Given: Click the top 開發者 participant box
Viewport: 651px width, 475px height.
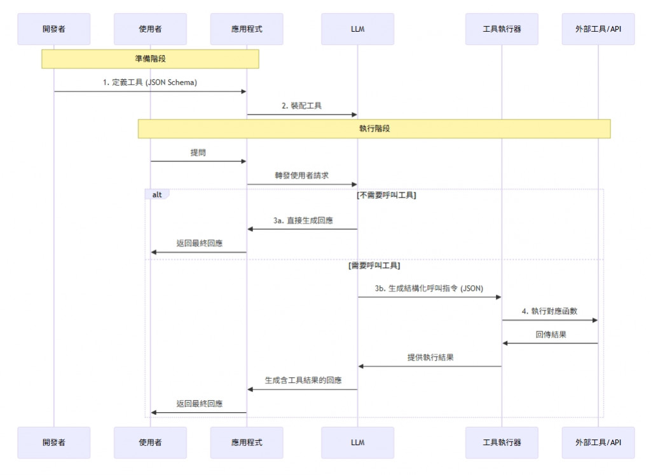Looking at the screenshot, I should (x=54, y=29).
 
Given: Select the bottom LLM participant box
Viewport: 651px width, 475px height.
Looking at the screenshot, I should (x=357, y=443).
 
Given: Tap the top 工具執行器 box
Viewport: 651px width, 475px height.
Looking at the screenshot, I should (x=502, y=29).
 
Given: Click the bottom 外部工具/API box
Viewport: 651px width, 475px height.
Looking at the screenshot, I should (x=598, y=443).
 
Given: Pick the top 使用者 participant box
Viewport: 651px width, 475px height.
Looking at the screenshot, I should (x=151, y=29).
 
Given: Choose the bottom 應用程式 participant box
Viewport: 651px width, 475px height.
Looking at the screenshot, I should (x=247, y=443).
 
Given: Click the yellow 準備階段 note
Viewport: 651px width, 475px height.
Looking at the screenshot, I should (x=151, y=58).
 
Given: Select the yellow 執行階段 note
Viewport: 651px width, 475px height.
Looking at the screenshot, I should (x=374, y=128).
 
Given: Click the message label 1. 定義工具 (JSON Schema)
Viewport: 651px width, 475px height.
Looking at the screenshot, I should (x=150, y=83).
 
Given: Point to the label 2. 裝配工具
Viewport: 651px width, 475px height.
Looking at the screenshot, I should (x=302, y=106).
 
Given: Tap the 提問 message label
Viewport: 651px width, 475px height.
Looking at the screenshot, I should (x=198, y=152).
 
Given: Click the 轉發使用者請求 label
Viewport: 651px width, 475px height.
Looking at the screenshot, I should (x=302, y=176).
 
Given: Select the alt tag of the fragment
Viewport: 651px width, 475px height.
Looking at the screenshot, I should (x=156, y=194).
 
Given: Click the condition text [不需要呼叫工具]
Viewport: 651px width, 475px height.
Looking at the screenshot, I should (x=386, y=195).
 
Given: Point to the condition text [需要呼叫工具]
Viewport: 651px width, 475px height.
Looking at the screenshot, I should (x=374, y=265).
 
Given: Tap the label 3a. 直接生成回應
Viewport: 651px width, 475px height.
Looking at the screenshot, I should (x=303, y=220).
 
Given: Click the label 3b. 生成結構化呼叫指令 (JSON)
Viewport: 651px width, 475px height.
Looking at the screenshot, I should (x=429, y=288).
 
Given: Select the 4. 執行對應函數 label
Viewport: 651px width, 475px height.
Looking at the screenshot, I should (x=550, y=312).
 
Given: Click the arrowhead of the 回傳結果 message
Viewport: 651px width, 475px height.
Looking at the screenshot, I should (x=505, y=343).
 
